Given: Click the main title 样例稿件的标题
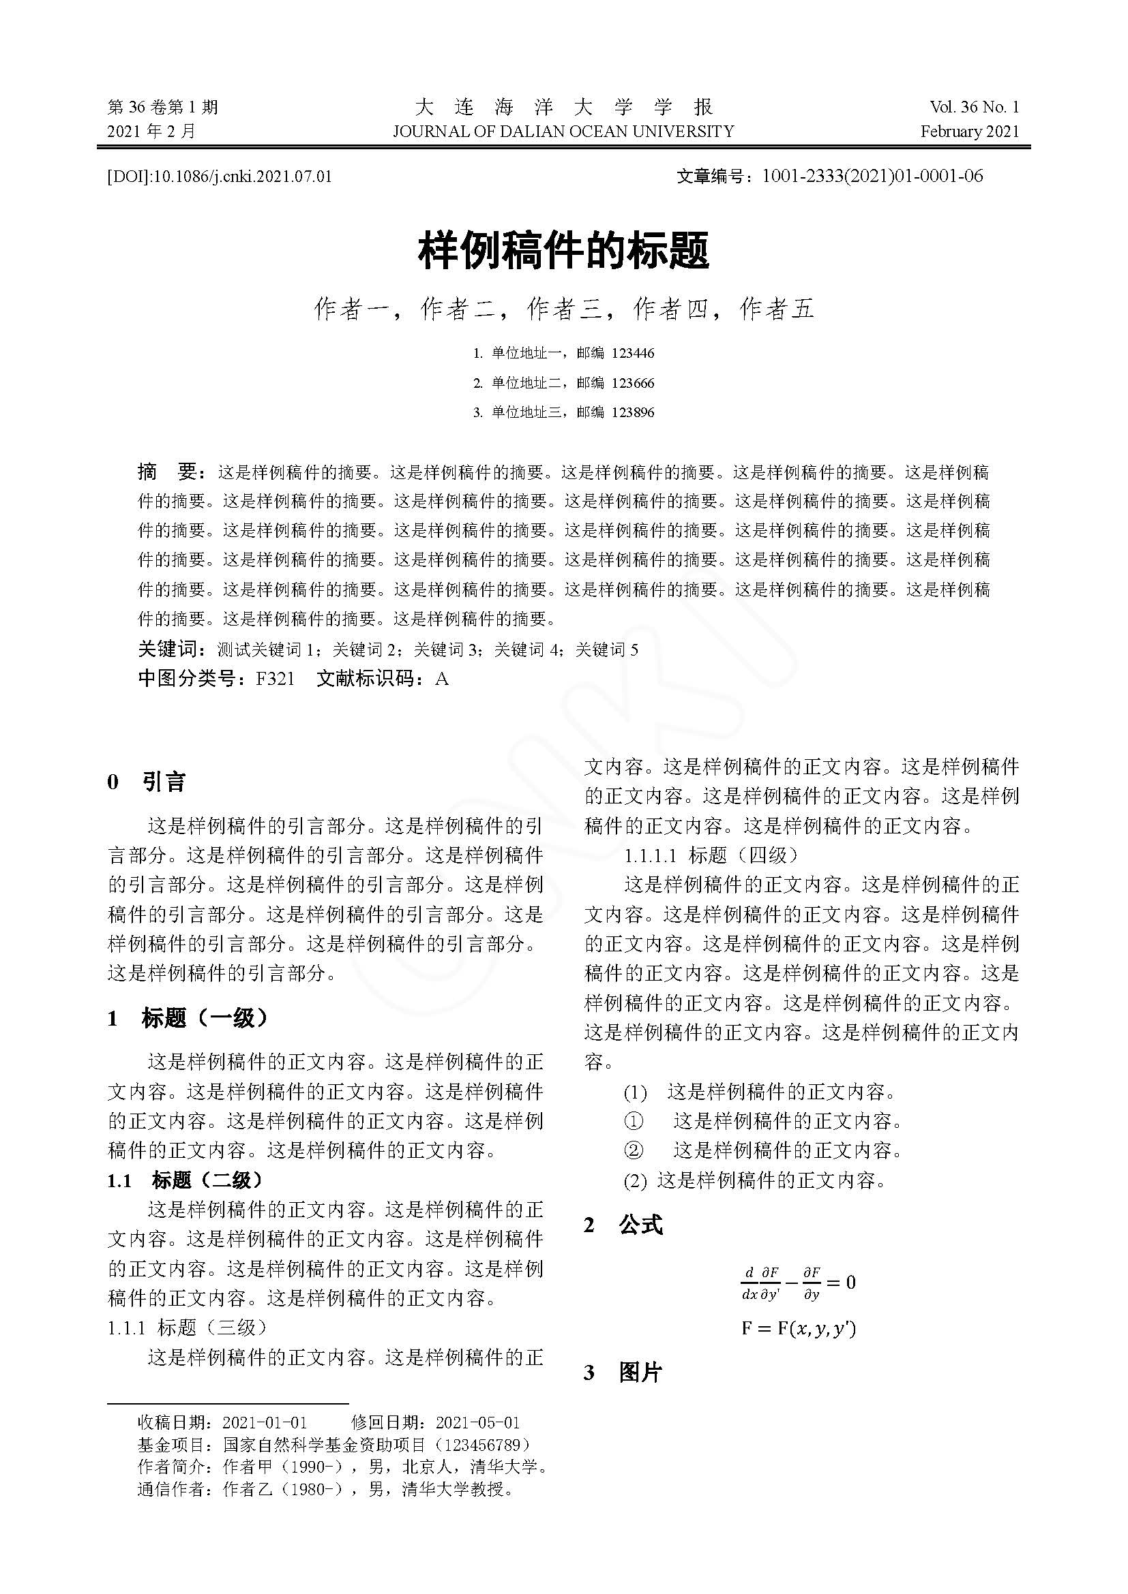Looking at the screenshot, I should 563,251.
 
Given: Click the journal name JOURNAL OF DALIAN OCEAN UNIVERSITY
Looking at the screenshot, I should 563,132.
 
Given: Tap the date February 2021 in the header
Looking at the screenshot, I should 970,132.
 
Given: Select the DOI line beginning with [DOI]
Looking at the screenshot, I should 220,177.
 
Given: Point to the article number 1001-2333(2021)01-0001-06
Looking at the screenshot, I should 872,177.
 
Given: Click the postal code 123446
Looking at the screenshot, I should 632,354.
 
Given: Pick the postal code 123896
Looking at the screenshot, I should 632,412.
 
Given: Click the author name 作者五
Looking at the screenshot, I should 777,309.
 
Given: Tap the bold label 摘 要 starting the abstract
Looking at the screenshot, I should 171,473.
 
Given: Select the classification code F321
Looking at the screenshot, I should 275,678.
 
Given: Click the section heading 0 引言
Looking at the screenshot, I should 147,782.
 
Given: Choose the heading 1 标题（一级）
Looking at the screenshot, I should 188,1018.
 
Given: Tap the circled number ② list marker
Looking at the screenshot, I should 634,1151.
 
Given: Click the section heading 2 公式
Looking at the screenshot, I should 624,1226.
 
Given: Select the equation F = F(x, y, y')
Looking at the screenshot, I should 798,1329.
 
